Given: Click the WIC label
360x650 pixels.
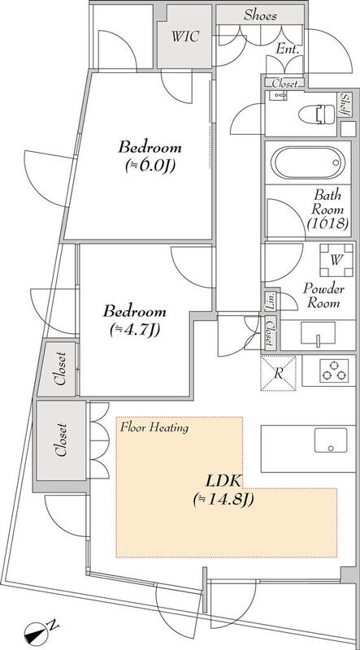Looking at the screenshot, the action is coord(185,37).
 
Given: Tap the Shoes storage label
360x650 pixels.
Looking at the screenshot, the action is coord(259,15).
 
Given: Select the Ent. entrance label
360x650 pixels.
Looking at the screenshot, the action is coord(288,50).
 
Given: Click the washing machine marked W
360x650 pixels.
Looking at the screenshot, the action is coord(336,260).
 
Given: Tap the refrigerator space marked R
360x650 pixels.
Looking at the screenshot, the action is coord(278,373).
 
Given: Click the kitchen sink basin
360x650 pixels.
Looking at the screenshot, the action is coord(331,440).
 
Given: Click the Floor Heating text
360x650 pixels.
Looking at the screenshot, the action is coord(154,427).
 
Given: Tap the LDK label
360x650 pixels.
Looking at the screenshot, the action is coord(223,482).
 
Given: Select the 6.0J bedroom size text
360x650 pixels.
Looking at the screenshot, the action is coord(150,166).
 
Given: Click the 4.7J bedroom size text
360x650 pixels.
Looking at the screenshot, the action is coord(135,330).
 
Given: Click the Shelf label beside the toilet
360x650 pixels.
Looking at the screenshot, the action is coord(345,105).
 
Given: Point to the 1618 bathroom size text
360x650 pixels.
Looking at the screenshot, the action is coord(327,223).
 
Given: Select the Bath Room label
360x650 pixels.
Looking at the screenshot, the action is coord(328,201).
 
